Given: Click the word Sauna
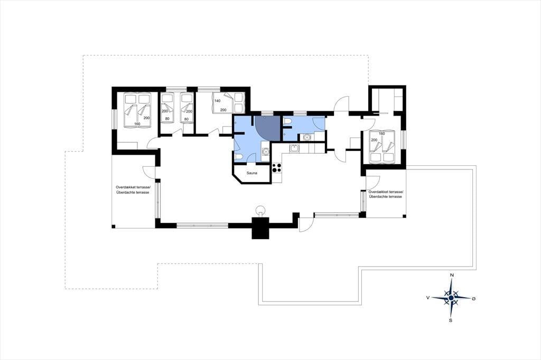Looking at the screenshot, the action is pyautogui.click(x=251, y=173).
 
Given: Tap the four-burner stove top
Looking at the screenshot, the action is pyautogui.click(x=277, y=167).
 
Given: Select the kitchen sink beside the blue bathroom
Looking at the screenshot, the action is pyautogui.click(x=294, y=149).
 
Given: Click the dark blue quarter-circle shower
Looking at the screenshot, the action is pyautogui.click(x=267, y=128).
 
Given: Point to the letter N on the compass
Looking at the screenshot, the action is pyautogui.click(x=451, y=275).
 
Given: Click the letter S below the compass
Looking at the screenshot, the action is pyautogui.click(x=451, y=320).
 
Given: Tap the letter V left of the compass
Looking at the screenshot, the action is pyautogui.click(x=428, y=298).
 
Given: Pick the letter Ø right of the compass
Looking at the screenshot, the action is pyautogui.click(x=473, y=298).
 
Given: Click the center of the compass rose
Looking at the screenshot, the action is pyautogui.click(x=451, y=298).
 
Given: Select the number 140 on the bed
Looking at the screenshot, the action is pyautogui.click(x=217, y=101).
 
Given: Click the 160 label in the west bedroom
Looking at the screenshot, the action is pyautogui.click(x=137, y=124).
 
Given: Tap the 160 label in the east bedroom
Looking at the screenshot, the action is pyautogui.click(x=381, y=134).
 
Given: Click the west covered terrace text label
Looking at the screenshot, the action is pyautogui.click(x=133, y=190).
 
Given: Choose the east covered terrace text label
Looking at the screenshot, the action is pyautogui.click(x=385, y=194).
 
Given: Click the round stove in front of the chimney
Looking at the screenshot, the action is pyautogui.click(x=260, y=210).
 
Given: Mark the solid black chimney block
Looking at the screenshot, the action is pyautogui.click(x=260, y=228).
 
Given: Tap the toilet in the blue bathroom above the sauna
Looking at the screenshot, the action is pyautogui.click(x=238, y=157).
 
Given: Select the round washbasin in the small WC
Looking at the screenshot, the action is pyautogui.click(x=306, y=137).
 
